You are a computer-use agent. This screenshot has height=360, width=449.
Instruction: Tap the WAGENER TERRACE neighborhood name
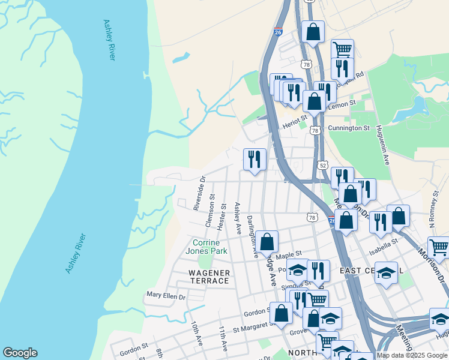[x=209, y=277]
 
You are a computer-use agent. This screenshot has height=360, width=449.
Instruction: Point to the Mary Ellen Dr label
[x=166, y=296]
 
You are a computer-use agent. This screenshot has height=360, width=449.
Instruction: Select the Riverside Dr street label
[x=199, y=193]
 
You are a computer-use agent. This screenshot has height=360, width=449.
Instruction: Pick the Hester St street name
[x=223, y=214]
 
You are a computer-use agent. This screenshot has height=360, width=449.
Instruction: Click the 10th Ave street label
[x=196, y=334]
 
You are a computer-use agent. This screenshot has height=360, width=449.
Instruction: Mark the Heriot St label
[x=295, y=125]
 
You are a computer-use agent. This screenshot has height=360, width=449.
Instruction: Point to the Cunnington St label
[x=349, y=128]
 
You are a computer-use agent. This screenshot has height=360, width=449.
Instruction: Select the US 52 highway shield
[x=323, y=164]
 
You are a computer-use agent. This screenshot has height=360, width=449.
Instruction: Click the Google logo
[x=20, y=353]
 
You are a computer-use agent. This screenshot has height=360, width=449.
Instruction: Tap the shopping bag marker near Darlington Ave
[x=267, y=242]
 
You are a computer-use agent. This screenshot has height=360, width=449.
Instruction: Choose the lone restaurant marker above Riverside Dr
[x=255, y=159]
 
